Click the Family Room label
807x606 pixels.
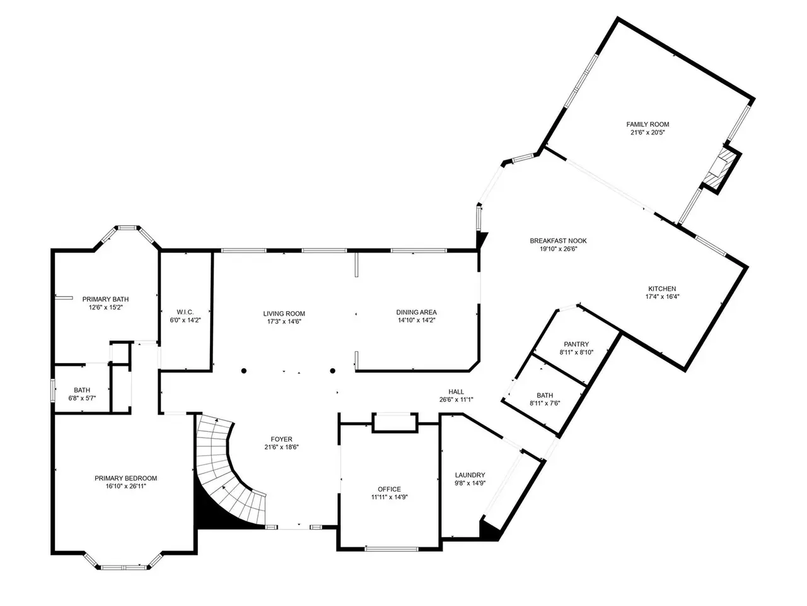tap(647, 124)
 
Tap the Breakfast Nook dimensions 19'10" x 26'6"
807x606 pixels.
tap(558, 249)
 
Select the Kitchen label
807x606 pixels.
tap(662, 289)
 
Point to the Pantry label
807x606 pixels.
tap(576, 344)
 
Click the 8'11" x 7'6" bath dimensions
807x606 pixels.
tap(545, 403)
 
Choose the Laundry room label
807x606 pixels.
tap(470, 475)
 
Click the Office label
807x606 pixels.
tap(389, 489)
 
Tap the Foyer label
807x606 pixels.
tap(281, 439)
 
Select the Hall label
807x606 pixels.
tap(456, 392)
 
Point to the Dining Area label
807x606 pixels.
tap(416, 312)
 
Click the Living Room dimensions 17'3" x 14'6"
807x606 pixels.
tap(284, 321)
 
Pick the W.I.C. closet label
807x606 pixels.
tap(185, 312)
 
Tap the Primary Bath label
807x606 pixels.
tap(105, 299)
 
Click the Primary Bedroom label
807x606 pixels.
tap(125, 478)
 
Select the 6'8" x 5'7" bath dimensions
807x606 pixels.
tap(82, 398)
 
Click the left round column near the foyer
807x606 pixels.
tap(244, 371)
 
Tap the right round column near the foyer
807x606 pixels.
tap(332, 371)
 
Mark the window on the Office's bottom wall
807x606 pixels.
tap(392, 549)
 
